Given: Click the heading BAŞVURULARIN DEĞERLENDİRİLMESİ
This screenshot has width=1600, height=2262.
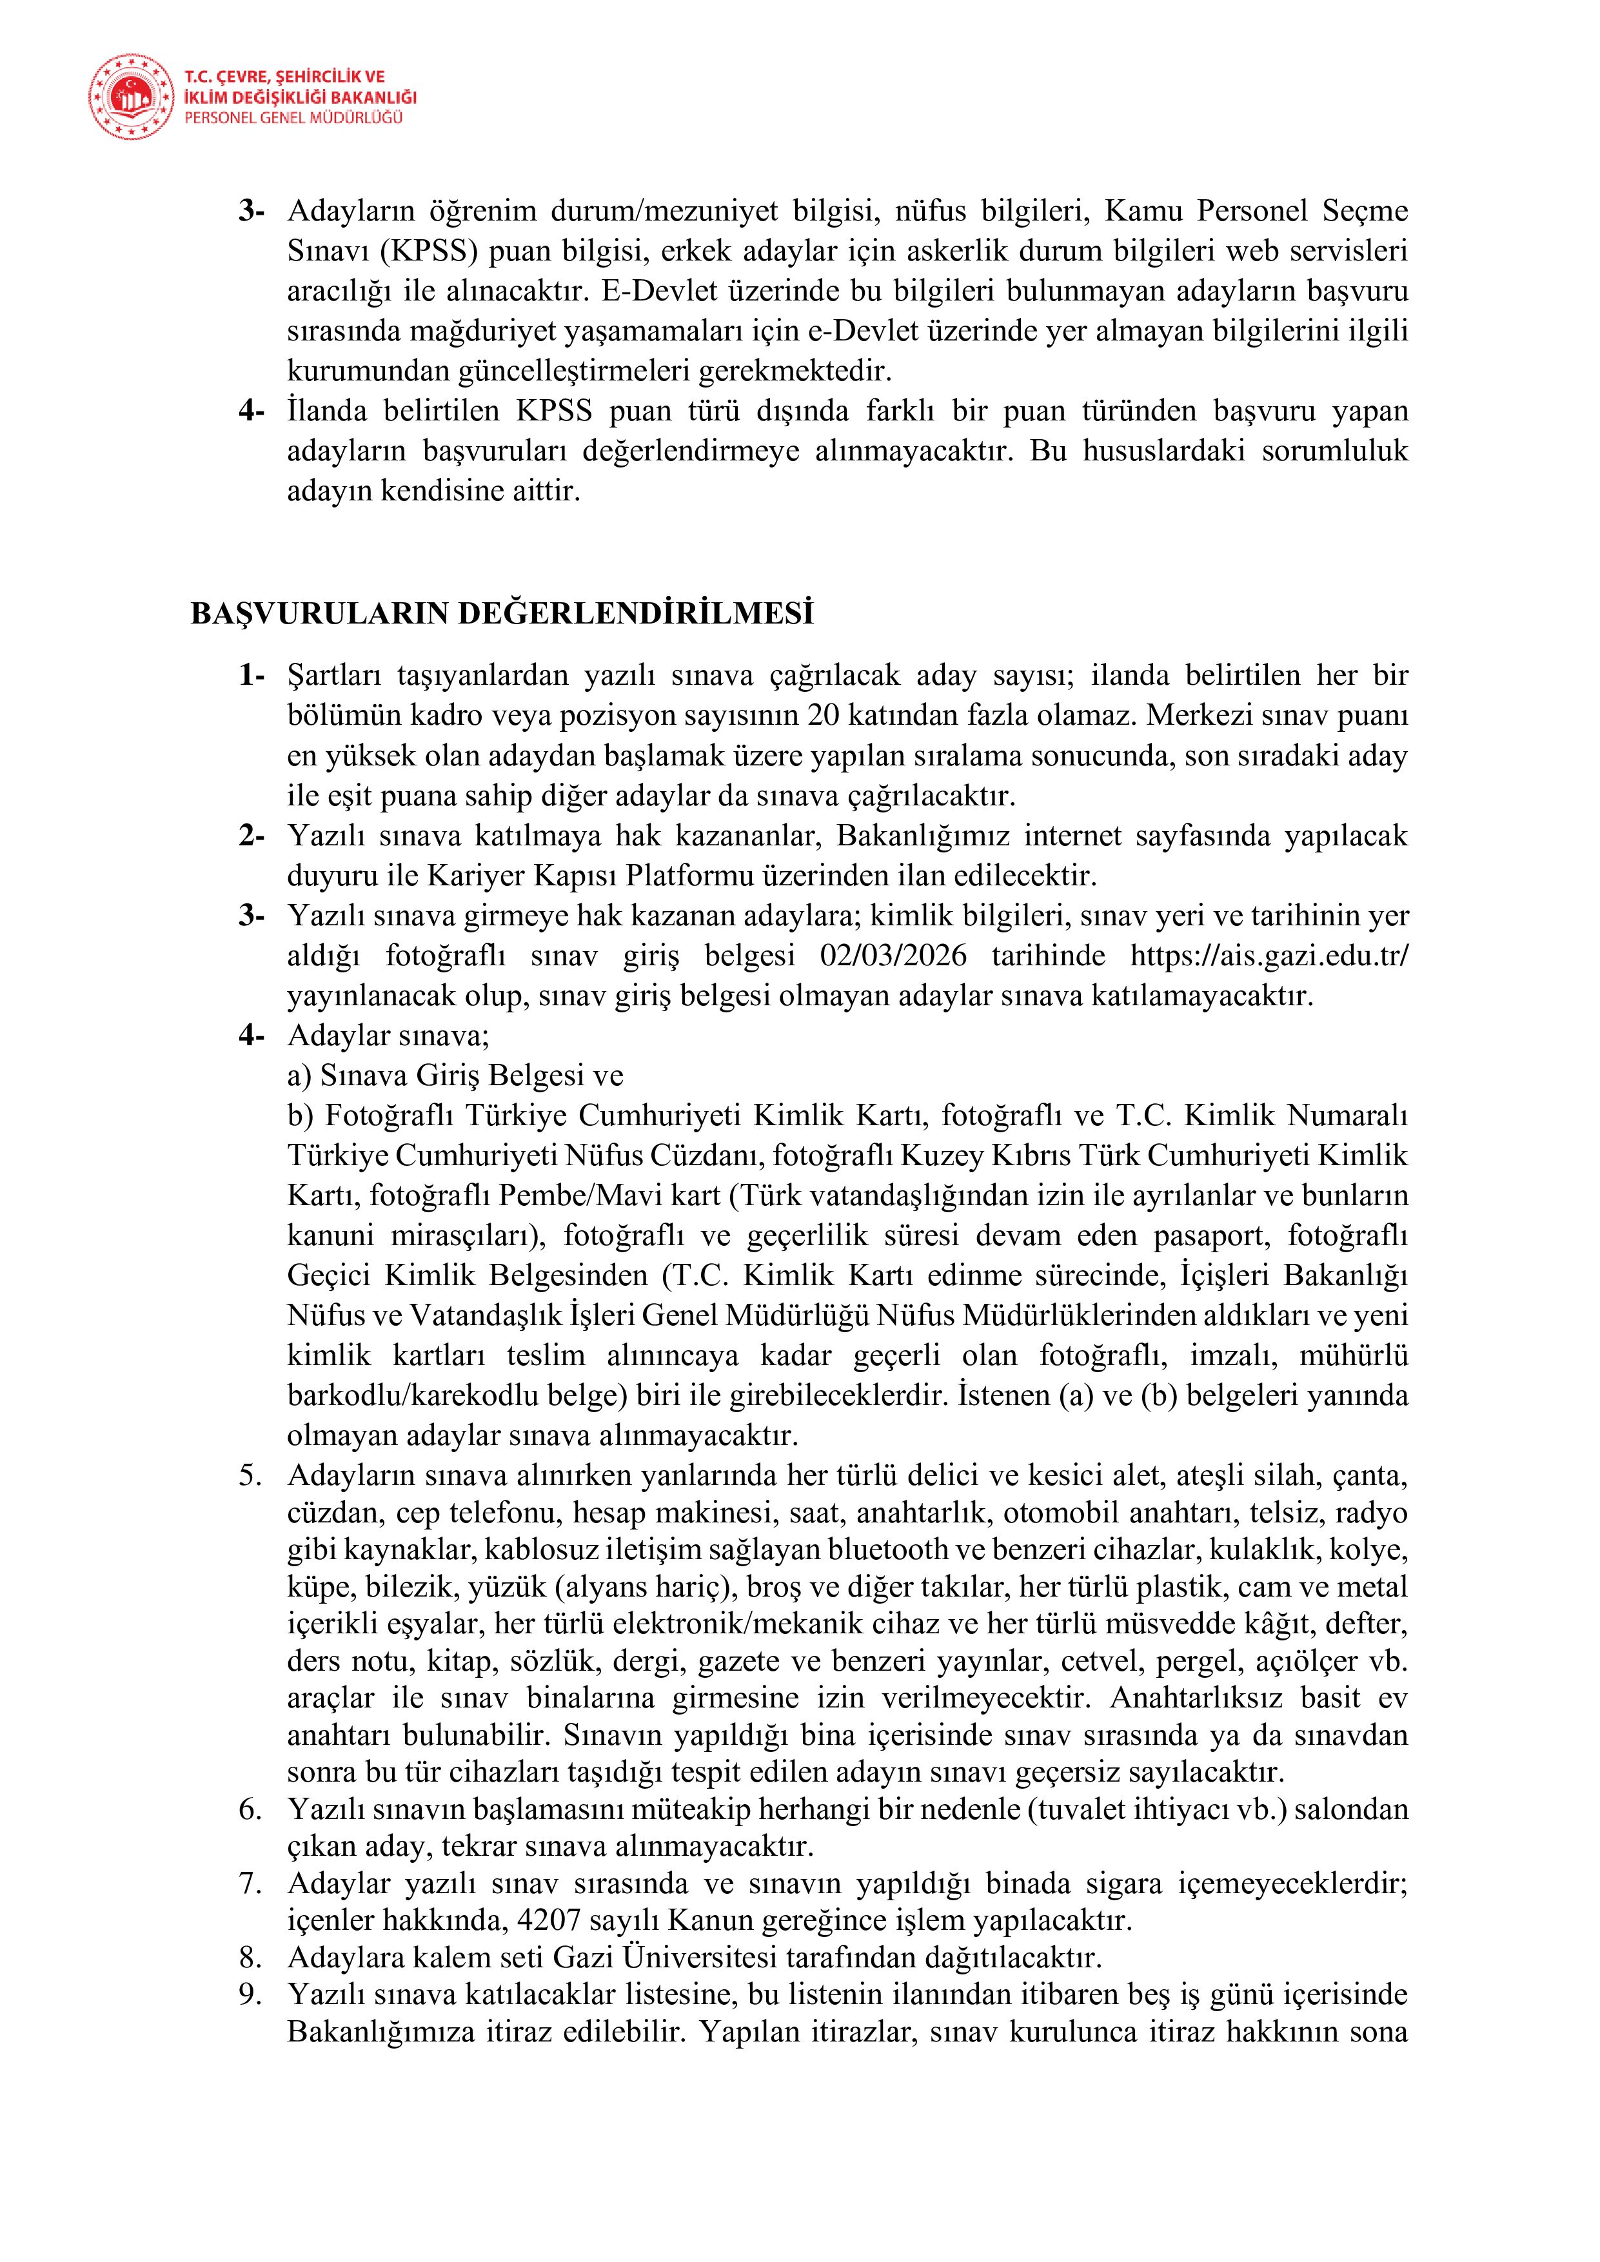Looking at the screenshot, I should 502,614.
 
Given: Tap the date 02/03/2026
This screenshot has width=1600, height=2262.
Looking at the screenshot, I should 893,956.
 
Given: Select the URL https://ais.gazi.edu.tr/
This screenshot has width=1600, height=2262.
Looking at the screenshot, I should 1269,956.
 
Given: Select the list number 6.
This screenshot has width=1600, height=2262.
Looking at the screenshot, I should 250,1809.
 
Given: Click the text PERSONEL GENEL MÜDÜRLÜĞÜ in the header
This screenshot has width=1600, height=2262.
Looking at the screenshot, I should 293,118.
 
